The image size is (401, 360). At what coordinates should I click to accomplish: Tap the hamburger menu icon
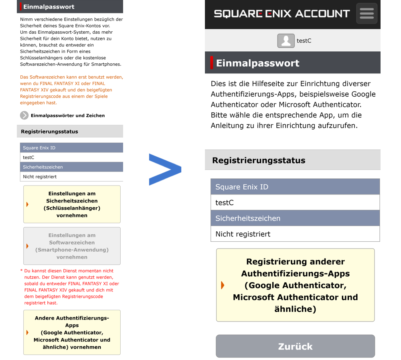click(x=367, y=14)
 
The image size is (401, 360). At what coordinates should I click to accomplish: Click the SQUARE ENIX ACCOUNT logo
click(x=282, y=14)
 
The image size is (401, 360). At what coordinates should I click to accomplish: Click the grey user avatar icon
click(x=286, y=41)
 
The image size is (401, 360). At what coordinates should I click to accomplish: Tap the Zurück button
click(x=295, y=346)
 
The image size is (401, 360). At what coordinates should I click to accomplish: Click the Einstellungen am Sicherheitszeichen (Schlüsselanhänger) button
click(x=72, y=204)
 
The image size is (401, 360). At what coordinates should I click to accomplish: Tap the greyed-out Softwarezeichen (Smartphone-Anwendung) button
click(x=72, y=246)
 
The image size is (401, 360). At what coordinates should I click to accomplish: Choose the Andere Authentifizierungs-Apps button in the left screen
click(x=72, y=332)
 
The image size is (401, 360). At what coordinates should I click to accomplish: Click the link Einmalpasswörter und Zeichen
click(x=68, y=115)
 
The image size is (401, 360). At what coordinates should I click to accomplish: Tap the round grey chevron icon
click(x=24, y=115)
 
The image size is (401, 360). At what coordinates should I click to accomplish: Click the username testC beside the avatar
click(x=304, y=41)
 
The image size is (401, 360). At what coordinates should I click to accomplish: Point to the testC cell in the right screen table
click(x=295, y=202)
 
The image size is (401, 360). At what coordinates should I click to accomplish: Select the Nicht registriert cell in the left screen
click(x=71, y=176)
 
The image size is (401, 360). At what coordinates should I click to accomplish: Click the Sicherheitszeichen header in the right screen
click(x=295, y=218)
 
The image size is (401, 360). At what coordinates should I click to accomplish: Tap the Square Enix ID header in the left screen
click(x=71, y=148)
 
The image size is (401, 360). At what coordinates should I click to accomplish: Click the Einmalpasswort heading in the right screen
click(x=258, y=63)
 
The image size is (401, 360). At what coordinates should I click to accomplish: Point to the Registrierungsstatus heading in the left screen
click(x=49, y=131)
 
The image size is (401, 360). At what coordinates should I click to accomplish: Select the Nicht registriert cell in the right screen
click(x=295, y=234)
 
